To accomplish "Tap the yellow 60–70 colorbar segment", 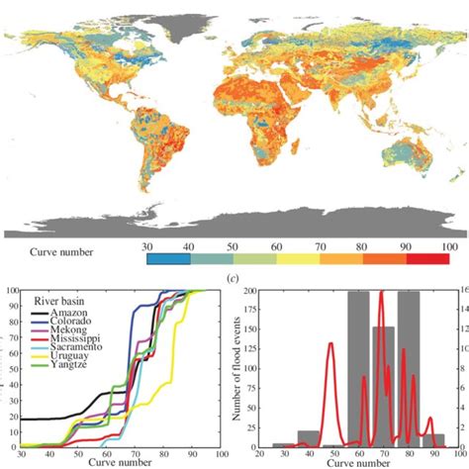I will click(294, 257).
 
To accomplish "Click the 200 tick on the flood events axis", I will click(255, 292).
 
